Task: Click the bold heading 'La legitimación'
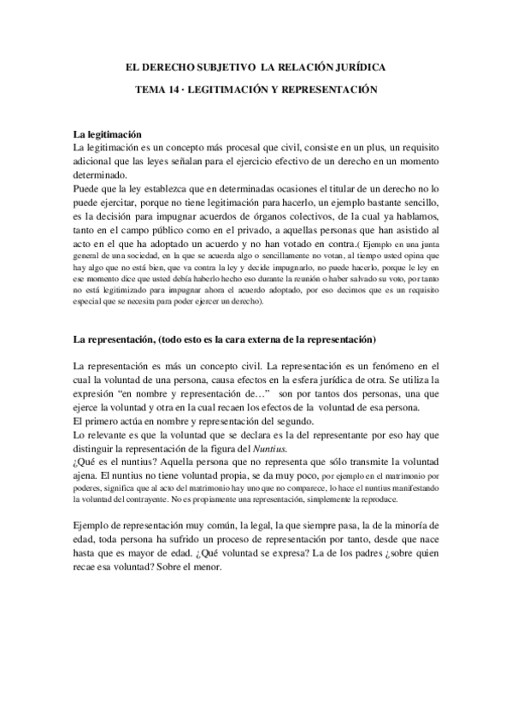[x=108, y=134]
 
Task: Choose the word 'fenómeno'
[x=396, y=341]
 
